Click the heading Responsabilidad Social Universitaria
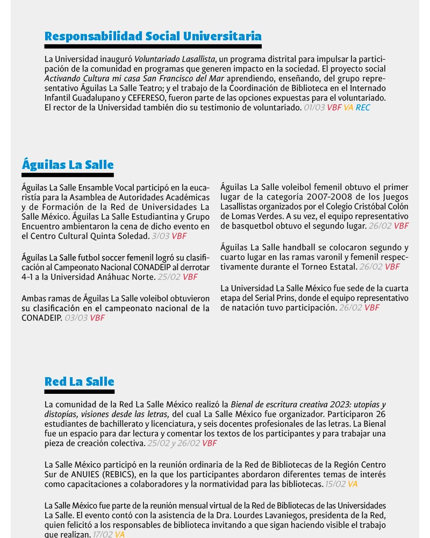pyautogui.click(x=153, y=36)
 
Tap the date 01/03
pyautogui.click(x=314, y=108)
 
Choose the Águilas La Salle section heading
pyautogui.click(x=68, y=165)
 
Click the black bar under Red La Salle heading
pyautogui.click(x=79, y=392)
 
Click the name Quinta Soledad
pyautogui.click(x=124, y=236)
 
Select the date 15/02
pyautogui.click(x=335, y=484)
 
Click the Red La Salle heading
pyautogui.click(x=79, y=381)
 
